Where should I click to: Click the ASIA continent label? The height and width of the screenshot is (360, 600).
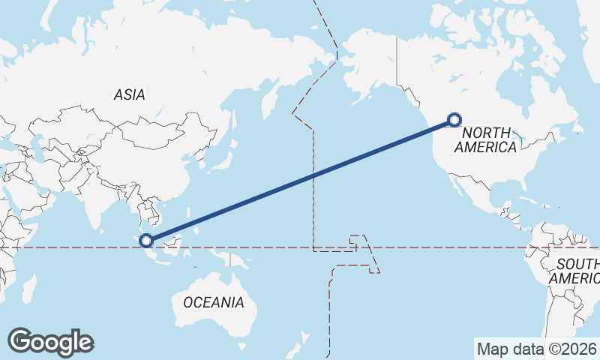pos(129,95)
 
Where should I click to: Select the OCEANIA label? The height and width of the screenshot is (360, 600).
pos(214,302)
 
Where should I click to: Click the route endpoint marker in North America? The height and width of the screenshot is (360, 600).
pos(454,118)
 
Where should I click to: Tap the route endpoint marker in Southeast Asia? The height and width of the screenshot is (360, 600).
pos(147,240)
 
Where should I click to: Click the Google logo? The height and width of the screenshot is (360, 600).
pos(50,342)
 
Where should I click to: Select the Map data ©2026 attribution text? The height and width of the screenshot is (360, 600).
pos(537,349)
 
